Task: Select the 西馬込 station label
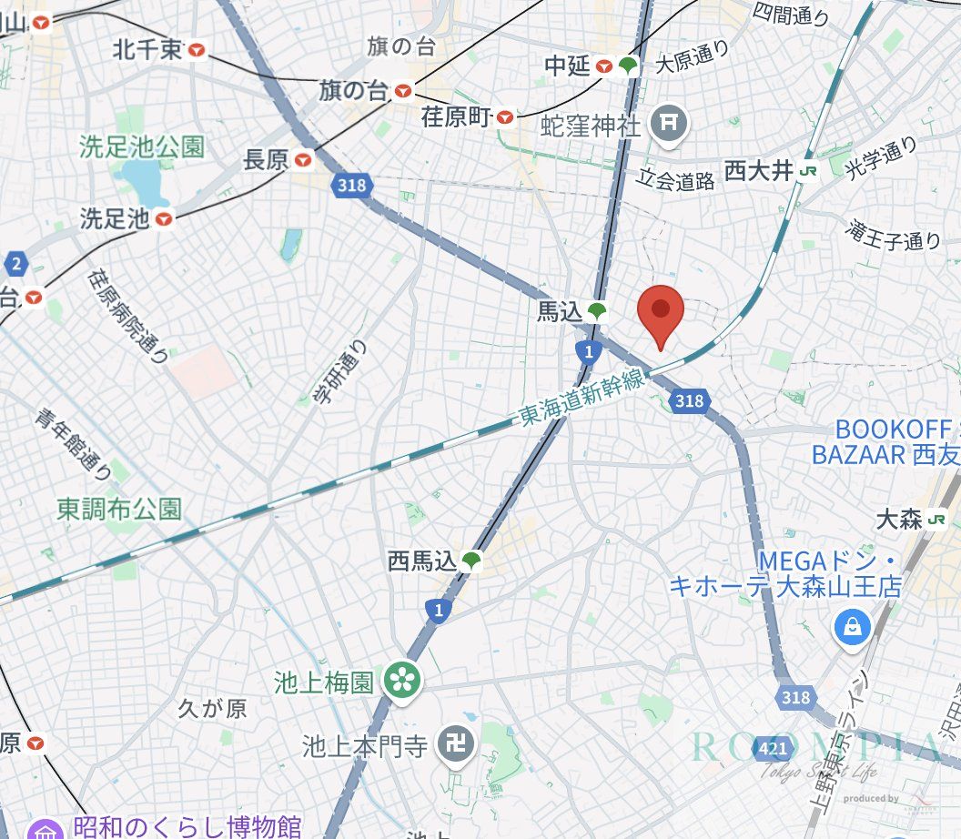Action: (421, 561)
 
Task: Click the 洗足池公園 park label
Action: (141, 147)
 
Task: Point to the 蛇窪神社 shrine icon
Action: (670, 120)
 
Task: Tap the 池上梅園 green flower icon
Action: (398, 681)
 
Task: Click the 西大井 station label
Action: (759, 171)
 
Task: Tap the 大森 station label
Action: (900, 520)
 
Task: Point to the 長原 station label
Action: (267, 161)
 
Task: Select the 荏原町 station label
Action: (456, 116)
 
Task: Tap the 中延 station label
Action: (569, 66)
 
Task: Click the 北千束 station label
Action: (148, 50)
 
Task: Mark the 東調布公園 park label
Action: (118, 508)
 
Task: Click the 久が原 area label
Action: (212, 708)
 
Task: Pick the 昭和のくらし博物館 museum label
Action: (187, 826)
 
